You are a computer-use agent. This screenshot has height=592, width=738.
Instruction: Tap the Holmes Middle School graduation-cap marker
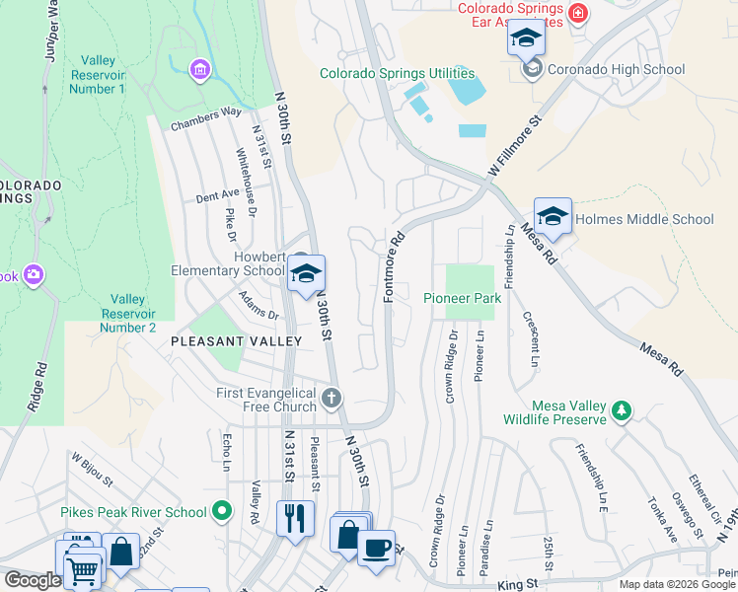click(x=553, y=217)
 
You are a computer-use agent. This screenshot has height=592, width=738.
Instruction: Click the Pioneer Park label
click(x=463, y=298)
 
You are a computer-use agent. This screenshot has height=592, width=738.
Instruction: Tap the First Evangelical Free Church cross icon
click(x=332, y=399)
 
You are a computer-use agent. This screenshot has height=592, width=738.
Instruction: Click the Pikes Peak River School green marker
click(x=222, y=511)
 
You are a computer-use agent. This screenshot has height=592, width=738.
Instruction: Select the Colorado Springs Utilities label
click(x=397, y=74)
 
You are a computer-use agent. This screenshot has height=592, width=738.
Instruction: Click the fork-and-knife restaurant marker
click(x=293, y=518)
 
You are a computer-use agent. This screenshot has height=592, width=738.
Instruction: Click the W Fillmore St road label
click(x=516, y=150)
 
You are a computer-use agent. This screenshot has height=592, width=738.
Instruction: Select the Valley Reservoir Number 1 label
click(x=97, y=74)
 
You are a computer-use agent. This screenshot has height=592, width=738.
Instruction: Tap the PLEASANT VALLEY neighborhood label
click(x=236, y=340)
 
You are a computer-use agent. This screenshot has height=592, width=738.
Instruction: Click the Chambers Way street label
click(x=206, y=118)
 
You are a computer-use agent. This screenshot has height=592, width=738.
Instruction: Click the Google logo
click(x=32, y=580)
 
